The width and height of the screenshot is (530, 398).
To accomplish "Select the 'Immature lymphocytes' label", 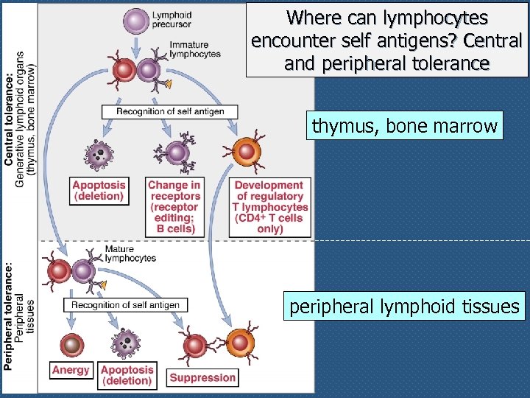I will point(194,49).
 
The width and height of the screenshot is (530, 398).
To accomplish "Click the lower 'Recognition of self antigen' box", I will point(125,304).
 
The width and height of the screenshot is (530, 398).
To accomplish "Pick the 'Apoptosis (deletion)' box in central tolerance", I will point(99,190).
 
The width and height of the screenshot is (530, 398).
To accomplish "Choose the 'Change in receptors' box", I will point(175,207).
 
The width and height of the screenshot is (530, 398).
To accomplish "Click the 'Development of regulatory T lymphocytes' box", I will point(269,207).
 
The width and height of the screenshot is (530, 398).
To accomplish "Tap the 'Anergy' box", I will point(71,370).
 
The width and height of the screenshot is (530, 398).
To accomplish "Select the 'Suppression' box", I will point(202,377).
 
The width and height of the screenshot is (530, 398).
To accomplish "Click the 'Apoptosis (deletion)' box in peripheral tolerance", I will point(128,374).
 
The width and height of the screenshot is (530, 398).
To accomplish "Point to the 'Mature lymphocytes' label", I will point(130,254).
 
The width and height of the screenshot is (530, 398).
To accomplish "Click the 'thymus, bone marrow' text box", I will point(404,126).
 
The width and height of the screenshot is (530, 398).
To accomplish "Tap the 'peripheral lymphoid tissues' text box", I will point(404,306).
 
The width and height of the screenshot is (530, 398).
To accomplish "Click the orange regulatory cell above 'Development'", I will point(247,152).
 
